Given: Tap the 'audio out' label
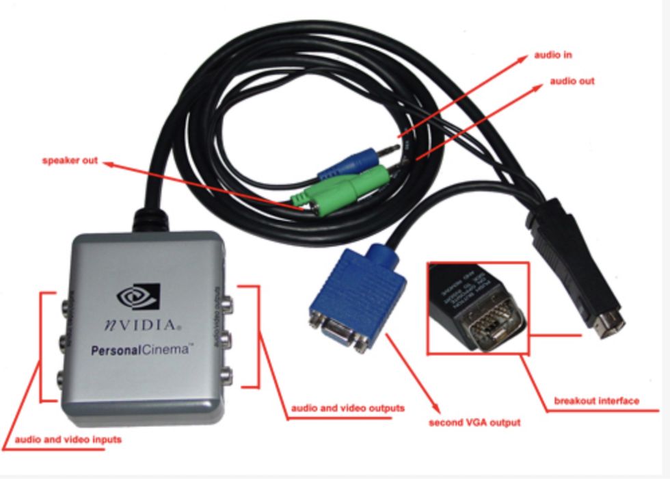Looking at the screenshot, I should (572, 81).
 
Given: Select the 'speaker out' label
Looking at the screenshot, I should (70, 161).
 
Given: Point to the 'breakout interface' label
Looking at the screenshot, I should (596, 401).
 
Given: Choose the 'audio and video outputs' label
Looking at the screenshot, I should (348, 408).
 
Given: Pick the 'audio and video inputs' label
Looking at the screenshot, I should (68, 439).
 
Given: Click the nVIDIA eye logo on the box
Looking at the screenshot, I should (137, 295).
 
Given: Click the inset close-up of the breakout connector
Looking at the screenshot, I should (478, 307).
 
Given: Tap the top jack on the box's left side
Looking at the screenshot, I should (65, 301).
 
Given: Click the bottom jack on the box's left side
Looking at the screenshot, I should (65, 377).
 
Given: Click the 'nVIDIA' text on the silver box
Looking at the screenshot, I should (144, 324).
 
